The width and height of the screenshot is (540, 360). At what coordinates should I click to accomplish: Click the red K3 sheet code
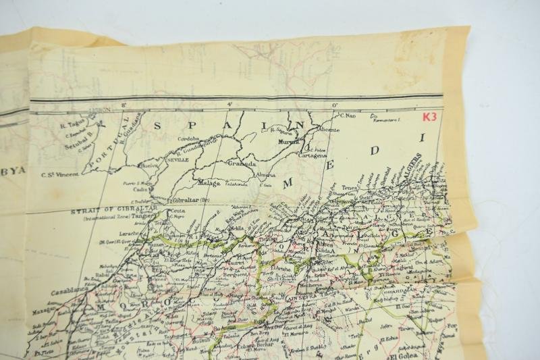(x=429, y=115)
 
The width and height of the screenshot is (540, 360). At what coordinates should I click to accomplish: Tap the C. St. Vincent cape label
(x=61, y=174)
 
